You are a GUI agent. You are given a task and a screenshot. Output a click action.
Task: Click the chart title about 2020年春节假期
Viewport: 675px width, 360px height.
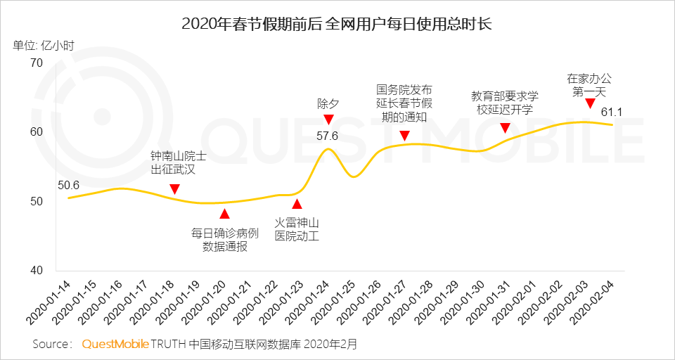(337, 23)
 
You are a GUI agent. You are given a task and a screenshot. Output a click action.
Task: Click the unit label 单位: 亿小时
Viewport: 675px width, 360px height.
(43, 46)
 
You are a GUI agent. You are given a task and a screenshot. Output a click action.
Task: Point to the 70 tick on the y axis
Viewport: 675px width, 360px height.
(36, 63)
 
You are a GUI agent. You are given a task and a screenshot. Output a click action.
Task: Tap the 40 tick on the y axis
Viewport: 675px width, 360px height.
(36, 271)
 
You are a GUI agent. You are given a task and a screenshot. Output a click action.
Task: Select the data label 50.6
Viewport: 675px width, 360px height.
(68, 186)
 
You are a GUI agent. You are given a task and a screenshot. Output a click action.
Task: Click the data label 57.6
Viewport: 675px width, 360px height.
(328, 135)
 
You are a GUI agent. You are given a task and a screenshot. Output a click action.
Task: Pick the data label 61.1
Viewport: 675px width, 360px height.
(612, 112)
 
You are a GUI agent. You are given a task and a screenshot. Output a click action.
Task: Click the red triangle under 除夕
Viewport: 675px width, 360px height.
(328, 120)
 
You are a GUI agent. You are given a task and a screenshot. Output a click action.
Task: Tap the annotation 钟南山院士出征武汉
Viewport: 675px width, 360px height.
(179, 162)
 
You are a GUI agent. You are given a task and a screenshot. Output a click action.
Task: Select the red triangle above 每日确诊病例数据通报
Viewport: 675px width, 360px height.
(225, 214)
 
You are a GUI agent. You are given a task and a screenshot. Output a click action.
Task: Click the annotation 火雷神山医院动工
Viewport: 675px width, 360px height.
(297, 229)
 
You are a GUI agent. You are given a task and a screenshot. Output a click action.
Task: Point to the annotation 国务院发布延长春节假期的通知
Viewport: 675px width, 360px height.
(404, 103)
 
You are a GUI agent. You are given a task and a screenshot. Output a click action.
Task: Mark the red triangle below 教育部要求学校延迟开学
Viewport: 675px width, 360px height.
(504, 128)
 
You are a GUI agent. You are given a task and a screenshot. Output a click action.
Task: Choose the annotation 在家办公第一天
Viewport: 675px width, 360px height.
(589, 85)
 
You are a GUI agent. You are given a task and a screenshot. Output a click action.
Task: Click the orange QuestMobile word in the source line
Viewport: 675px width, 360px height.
(115, 345)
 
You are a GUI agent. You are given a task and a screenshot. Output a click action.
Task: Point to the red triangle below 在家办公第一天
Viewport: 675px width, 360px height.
(590, 104)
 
